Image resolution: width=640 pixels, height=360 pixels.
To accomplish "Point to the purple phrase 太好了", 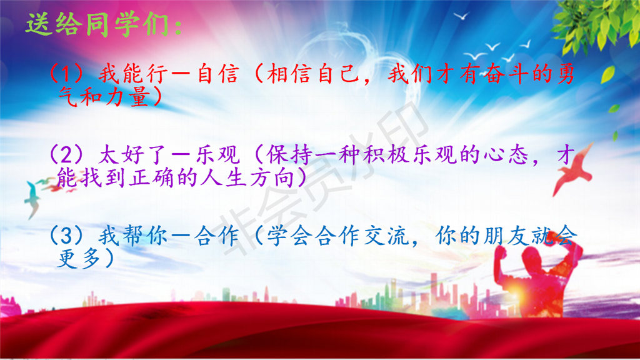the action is (x=132, y=155).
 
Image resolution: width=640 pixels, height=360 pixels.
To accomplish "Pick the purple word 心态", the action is (x=506, y=155).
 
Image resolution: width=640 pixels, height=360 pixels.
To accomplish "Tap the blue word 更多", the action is (x=79, y=258).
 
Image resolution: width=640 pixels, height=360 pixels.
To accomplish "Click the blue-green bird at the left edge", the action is (x=32, y=200).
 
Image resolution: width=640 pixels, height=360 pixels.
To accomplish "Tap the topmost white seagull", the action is (x=462, y=16).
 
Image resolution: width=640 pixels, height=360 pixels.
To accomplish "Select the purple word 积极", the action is (x=386, y=155).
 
